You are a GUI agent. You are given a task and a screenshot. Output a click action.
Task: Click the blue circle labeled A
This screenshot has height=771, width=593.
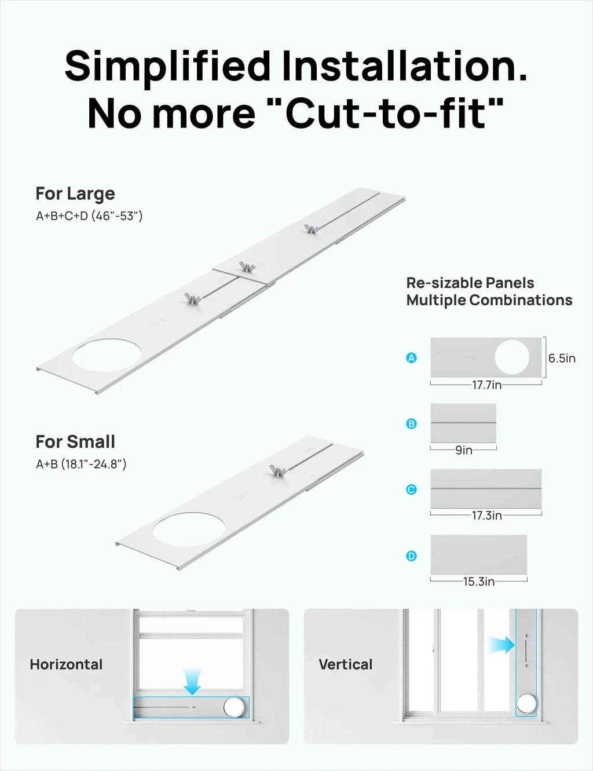(411, 358)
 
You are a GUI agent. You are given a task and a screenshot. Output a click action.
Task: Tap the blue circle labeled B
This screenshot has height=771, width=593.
(411, 423)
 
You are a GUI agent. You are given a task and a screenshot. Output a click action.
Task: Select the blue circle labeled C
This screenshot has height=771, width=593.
(411, 489)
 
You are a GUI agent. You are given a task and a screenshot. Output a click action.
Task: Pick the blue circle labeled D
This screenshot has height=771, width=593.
(411, 556)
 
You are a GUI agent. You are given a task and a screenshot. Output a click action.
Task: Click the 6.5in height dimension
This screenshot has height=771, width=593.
(562, 358)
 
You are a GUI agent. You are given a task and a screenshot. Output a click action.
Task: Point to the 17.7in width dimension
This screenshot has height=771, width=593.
(486, 385)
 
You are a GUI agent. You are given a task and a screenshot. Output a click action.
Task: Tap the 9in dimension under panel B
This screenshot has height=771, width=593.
(463, 450)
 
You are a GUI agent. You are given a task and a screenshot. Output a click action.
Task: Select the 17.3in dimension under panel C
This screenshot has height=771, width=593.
(486, 515)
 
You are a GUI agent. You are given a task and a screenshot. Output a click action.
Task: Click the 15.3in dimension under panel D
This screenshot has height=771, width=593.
(479, 582)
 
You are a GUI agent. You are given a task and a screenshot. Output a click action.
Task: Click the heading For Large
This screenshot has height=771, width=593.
(75, 193)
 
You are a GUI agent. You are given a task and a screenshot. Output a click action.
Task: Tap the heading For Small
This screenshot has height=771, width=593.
(75, 442)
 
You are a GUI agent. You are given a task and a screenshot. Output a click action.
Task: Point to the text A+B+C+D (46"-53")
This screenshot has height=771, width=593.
(89, 215)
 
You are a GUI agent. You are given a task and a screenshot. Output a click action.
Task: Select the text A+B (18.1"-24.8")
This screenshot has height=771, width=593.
(81, 464)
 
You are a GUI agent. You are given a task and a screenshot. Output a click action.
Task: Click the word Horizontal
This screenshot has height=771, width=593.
(66, 664)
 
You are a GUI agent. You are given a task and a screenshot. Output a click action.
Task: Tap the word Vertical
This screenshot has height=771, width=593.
(346, 664)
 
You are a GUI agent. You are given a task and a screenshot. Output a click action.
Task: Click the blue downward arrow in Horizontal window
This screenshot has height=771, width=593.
(192, 682)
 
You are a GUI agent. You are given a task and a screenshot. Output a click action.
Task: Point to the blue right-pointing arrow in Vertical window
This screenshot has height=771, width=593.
(502, 645)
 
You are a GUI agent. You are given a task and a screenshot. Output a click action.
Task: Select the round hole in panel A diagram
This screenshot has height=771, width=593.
(512, 357)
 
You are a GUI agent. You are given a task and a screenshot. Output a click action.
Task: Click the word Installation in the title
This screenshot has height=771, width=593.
(405, 67)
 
